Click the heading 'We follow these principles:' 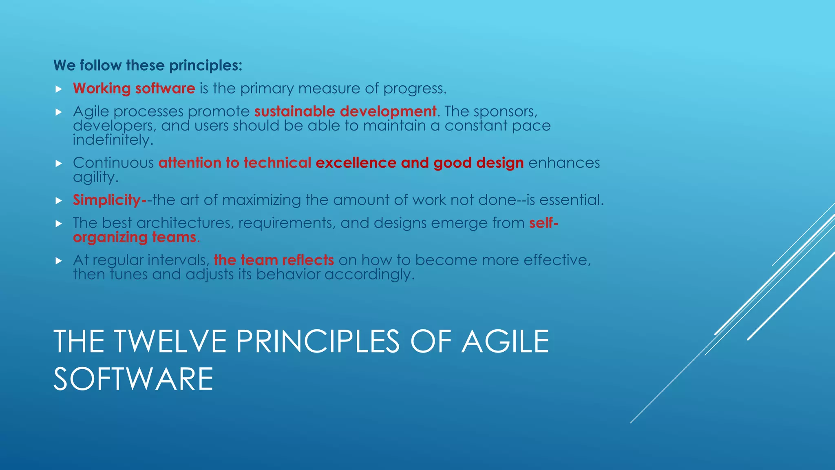point(148,65)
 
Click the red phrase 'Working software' point(134,89)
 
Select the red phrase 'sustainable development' point(345,111)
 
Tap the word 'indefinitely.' point(113,140)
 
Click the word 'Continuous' point(113,163)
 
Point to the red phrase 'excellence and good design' point(419,163)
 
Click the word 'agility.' point(95,177)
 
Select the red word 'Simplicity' point(107,200)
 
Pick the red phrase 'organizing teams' point(135,237)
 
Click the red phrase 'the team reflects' point(274,260)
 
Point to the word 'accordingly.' point(369,274)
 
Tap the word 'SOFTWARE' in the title point(133,379)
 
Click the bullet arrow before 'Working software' point(59,89)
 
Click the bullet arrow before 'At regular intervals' point(59,261)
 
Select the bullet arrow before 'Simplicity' point(59,200)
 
